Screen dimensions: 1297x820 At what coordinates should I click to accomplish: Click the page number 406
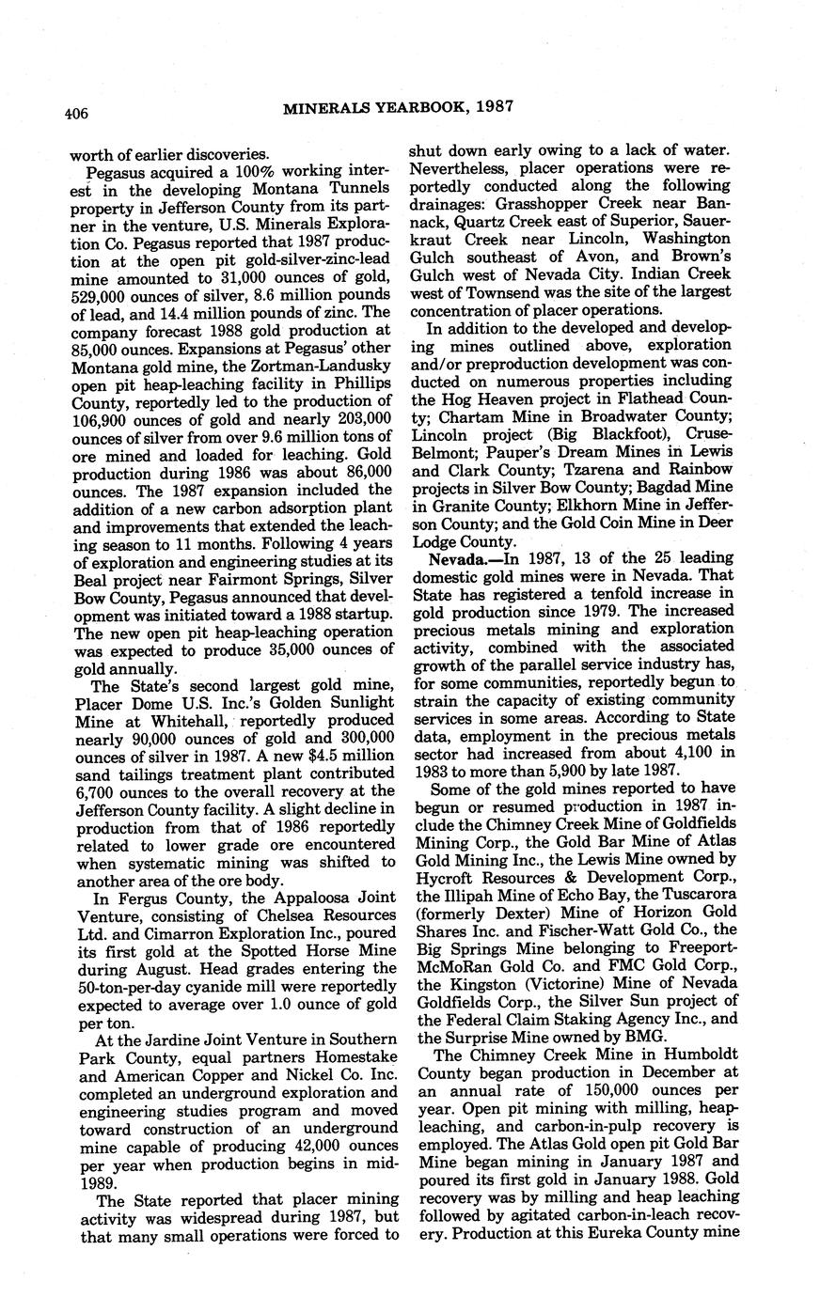(76, 114)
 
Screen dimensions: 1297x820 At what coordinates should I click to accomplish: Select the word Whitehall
(179, 721)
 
